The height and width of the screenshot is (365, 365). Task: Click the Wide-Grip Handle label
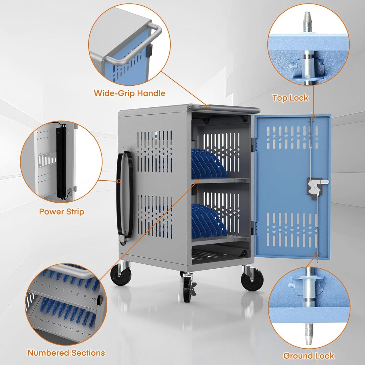[129, 93]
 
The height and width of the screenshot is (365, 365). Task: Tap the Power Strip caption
[61, 211]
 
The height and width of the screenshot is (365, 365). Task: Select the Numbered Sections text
[66, 353]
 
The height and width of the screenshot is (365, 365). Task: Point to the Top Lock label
[290, 98]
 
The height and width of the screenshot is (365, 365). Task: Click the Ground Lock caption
[308, 356]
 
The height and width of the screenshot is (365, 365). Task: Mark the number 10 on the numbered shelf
[93, 299]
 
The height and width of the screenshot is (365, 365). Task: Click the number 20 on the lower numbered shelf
[89, 335]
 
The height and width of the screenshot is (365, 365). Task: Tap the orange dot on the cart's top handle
[208, 107]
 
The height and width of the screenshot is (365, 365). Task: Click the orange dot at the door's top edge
[313, 117]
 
